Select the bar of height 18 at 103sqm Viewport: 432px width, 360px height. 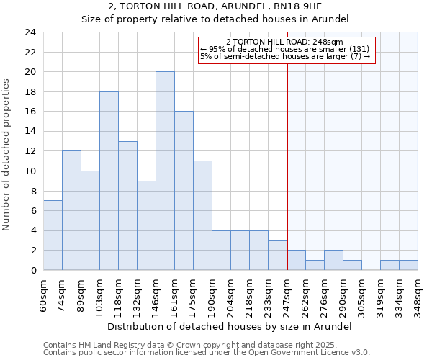point(109,181)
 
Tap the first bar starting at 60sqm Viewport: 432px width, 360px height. point(53,235)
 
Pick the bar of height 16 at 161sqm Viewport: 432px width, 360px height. point(184,191)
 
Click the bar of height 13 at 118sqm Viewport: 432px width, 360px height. point(127,206)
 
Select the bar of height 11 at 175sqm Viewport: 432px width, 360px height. point(202,215)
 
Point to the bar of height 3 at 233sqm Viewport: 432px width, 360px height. point(277,255)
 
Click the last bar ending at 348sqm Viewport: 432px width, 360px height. point(408,265)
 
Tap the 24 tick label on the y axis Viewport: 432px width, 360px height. point(30,32)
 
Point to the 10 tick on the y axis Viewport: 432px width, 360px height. point(30,171)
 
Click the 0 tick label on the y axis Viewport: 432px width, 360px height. point(32,271)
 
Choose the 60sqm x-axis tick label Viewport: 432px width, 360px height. point(44,294)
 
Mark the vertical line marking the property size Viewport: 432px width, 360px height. point(287,166)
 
